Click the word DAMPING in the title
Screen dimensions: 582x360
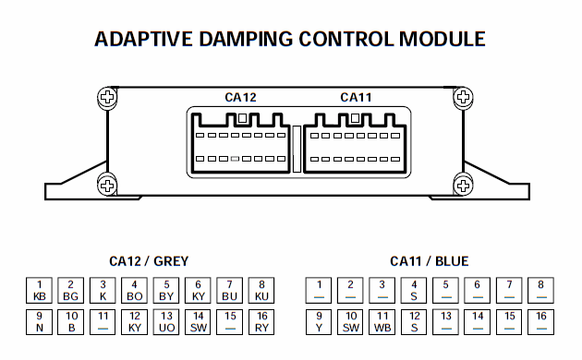(246, 39)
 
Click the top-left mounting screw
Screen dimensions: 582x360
(108, 97)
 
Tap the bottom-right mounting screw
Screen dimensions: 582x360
(463, 186)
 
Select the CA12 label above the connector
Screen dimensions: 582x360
(240, 97)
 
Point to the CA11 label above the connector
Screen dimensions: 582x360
(356, 97)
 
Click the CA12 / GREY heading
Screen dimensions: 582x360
(149, 261)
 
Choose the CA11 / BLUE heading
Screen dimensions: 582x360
(429, 261)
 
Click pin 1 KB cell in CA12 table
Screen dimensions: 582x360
(40, 290)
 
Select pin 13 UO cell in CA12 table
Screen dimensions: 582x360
(166, 322)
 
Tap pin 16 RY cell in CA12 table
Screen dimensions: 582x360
(261, 322)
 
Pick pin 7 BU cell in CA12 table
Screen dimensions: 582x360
(230, 290)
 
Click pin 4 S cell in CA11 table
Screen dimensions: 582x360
(414, 290)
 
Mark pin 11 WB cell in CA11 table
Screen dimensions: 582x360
(382, 322)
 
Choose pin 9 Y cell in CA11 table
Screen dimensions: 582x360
(319, 322)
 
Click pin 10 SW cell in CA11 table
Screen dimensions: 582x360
(351, 322)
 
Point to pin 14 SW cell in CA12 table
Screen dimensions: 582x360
(198, 322)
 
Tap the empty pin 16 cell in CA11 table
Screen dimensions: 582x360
(540, 322)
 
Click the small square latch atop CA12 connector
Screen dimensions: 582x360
(242, 118)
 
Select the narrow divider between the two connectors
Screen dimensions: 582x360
(297, 149)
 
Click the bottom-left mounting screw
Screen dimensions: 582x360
(108, 186)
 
